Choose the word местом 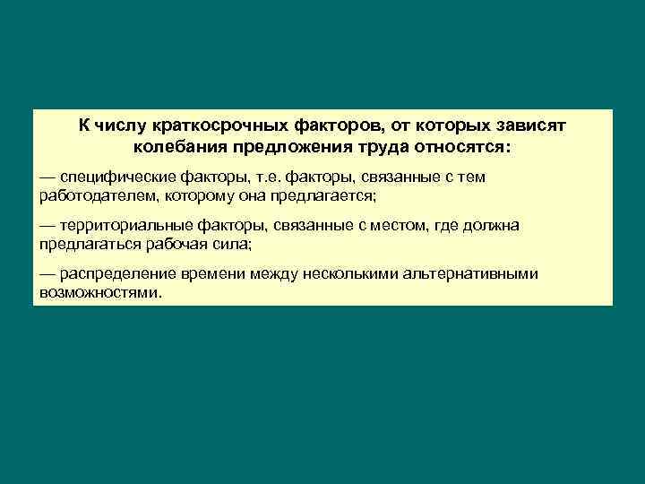[x=384, y=226]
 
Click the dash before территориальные [x=47, y=226]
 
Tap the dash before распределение [x=47, y=274]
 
